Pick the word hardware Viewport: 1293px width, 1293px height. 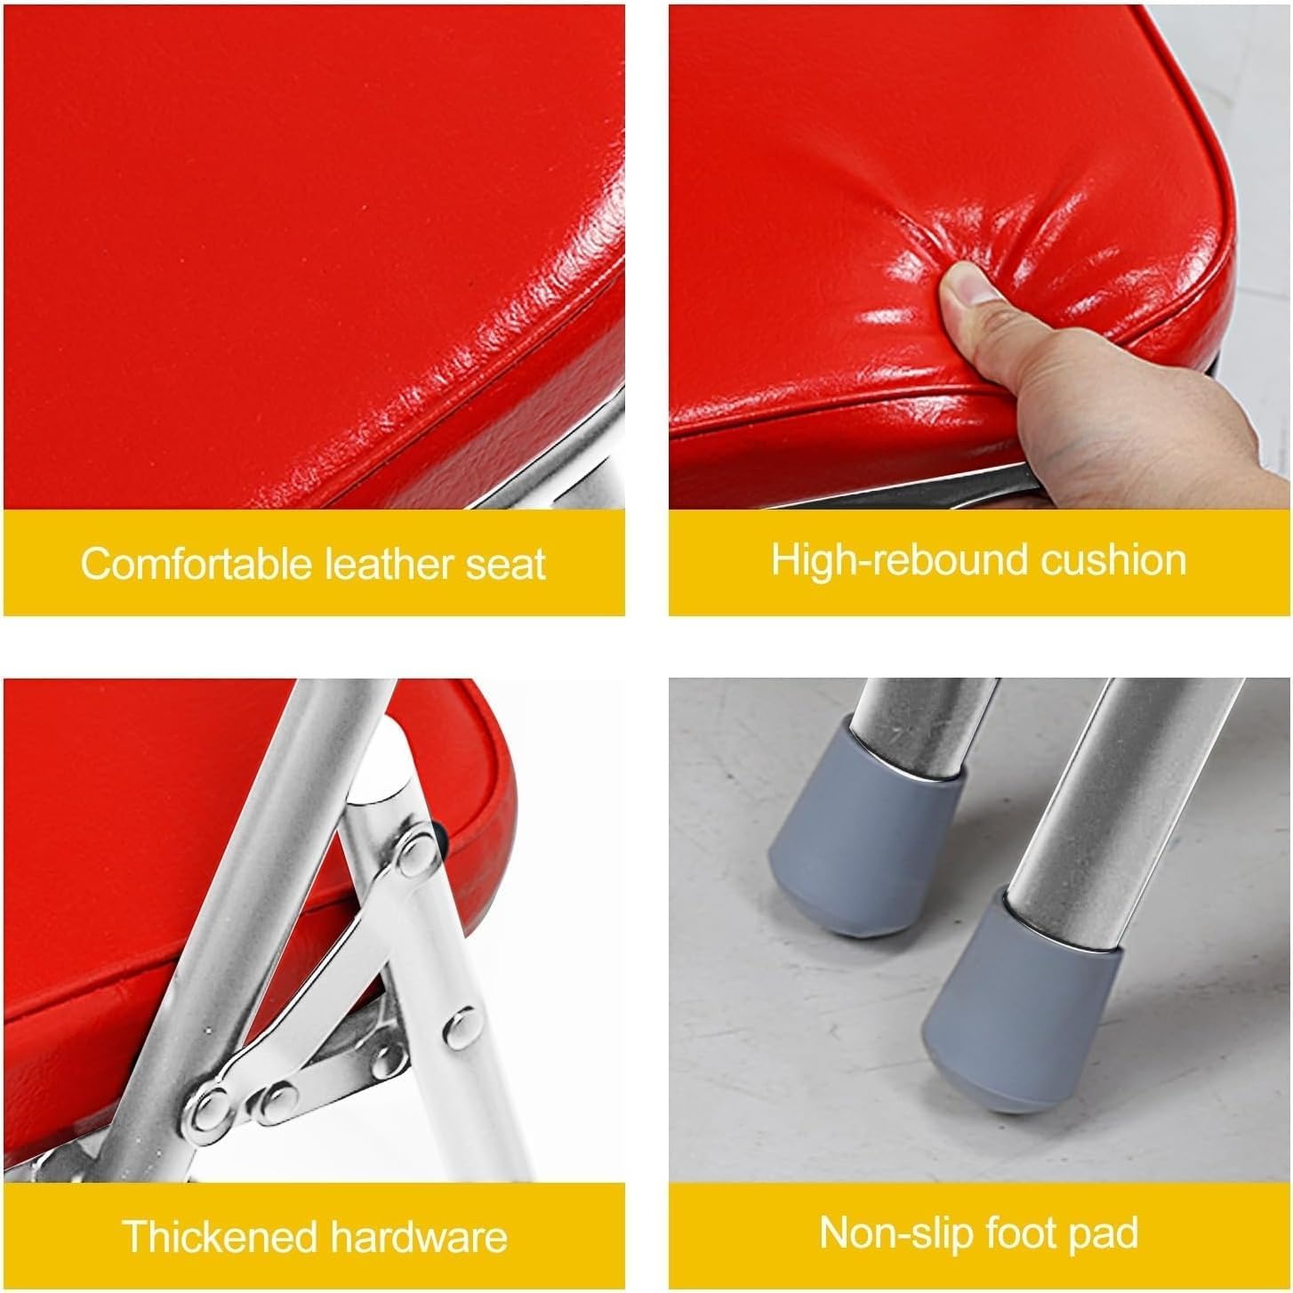(x=419, y=1236)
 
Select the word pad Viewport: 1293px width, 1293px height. (x=1107, y=1233)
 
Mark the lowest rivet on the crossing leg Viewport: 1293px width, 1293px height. (x=212, y=1106)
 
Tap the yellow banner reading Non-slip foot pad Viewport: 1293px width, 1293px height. (x=978, y=1233)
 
